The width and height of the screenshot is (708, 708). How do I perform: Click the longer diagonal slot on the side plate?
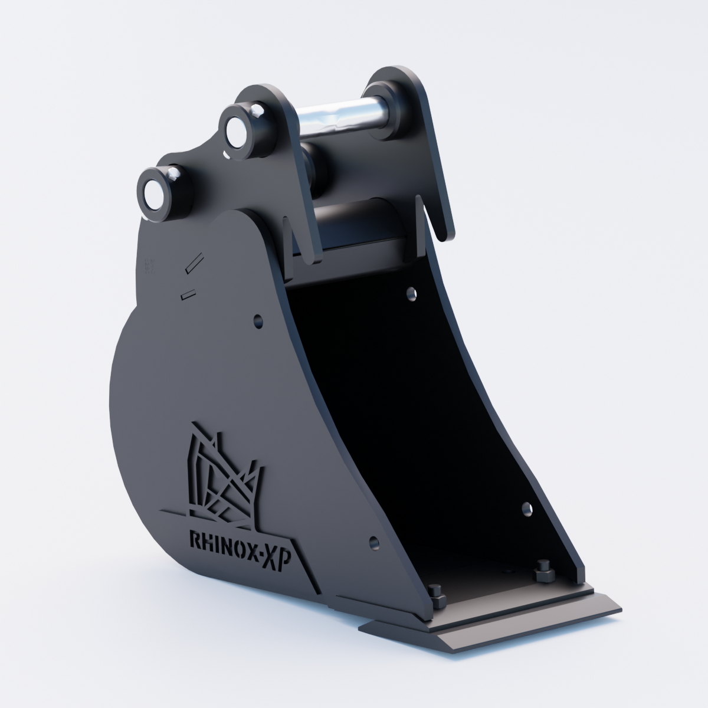[x=194, y=262]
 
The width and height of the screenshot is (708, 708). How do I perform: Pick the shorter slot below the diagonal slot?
[x=188, y=294]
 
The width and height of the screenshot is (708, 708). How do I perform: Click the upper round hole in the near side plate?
[x=258, y=321]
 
